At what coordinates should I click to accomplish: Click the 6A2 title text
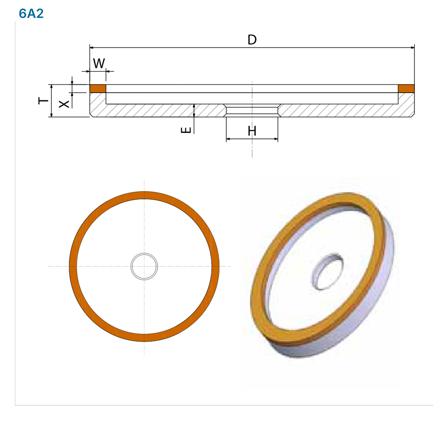coord(31,13)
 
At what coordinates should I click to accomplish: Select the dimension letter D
coord(252,40)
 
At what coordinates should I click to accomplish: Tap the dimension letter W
coord(99,63)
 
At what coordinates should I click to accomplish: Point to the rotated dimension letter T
coord(43,100)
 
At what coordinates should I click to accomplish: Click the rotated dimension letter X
coord(64,104)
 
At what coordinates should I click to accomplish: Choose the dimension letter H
coord(252,131)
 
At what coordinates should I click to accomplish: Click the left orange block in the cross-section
coord(98,88)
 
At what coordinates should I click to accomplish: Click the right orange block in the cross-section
coord(406,88)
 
